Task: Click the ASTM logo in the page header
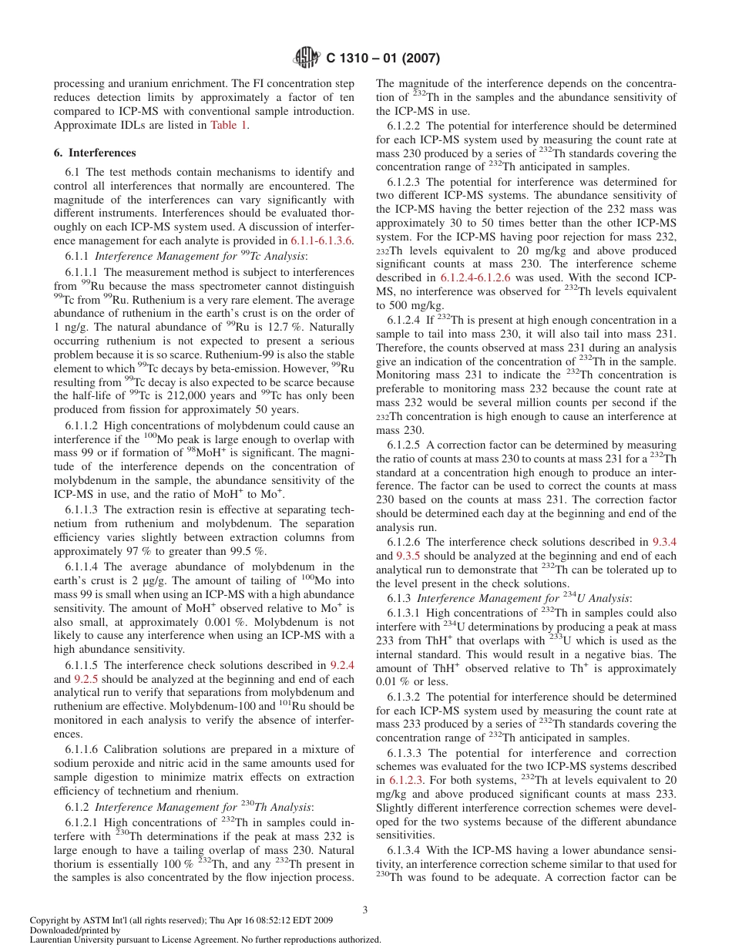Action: (x=307, y=58)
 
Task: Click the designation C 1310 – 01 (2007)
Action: (x=383, y=59)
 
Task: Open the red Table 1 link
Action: (x=229, y=126)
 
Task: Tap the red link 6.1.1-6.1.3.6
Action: (x=321, y=240)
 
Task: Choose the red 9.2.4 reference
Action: (x=341, y=665)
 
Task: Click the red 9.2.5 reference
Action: (x=86, y=679)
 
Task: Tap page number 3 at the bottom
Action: (x=365, y=909)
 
